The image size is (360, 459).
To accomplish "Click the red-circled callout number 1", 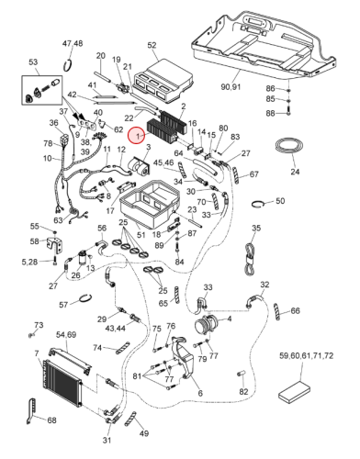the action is point(138,136).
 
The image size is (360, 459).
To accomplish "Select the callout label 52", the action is point(152,45).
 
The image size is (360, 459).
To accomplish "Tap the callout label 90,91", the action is point(231,86).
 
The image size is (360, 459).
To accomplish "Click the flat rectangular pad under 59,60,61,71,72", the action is point(294,394).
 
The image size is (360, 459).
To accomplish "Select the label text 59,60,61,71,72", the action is point(306,355).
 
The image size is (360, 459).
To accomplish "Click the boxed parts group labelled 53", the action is point(41,90).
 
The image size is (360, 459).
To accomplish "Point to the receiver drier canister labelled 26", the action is point(83,258).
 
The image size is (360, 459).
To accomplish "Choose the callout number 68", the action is point(51,420).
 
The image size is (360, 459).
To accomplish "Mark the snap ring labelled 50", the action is point(256,204).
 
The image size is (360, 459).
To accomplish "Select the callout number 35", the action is point(256,228).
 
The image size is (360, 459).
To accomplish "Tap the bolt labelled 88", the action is point(288,111).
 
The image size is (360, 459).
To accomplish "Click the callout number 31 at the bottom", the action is point(107,440).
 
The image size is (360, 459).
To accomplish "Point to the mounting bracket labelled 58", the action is point(55,244).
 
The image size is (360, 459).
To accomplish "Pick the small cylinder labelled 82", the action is point(241,374).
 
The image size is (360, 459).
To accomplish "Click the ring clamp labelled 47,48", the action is point(68,66).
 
